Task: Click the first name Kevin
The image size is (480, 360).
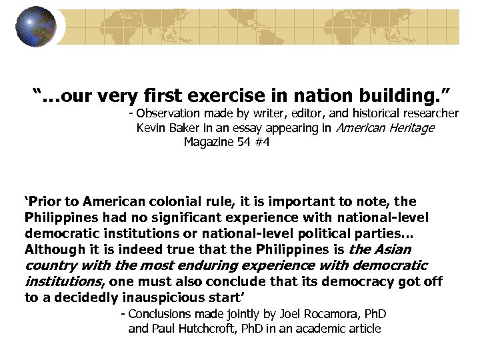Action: click(x=151, y=128)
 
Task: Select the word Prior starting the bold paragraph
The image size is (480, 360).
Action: click(x=42, y=201)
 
